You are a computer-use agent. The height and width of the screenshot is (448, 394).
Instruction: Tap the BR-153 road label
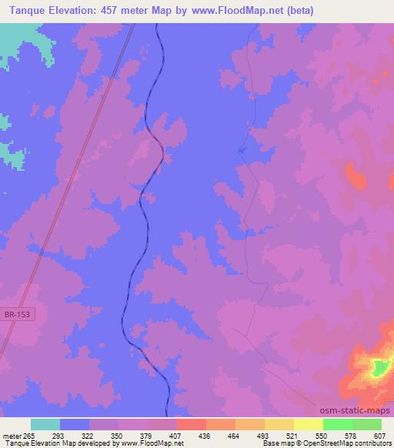[18, 314]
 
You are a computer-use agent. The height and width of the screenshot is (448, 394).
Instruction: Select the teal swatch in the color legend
[45, 424]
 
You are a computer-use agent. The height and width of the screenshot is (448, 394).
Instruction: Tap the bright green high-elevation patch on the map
[377, 369]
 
